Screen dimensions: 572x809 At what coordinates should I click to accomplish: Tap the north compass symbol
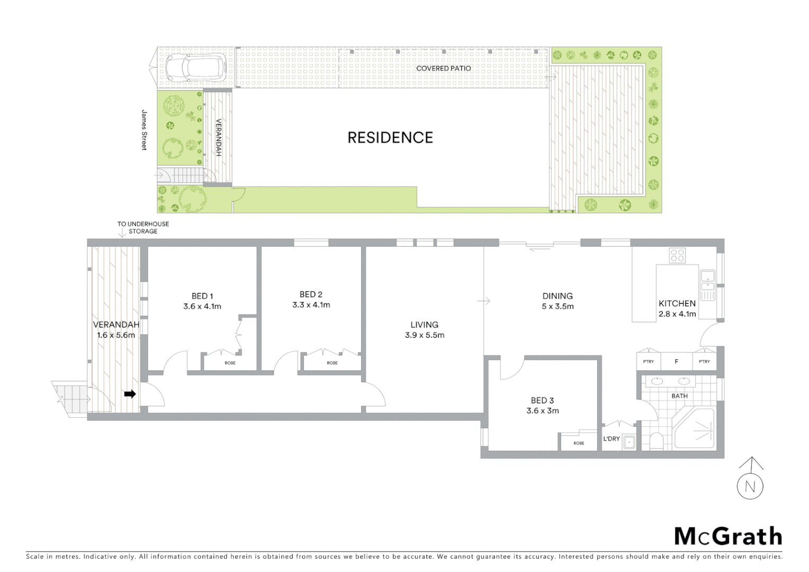point(750,485)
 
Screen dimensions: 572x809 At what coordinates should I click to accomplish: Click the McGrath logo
point(728,536)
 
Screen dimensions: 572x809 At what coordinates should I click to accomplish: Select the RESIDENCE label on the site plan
point(390,138)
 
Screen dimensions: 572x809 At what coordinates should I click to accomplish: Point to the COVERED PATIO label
point(443,68)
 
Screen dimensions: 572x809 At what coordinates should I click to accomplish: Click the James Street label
point(143,130)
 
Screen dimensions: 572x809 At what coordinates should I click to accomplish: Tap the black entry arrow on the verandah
point(130,394)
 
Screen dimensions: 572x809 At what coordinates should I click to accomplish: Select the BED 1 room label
point(202,296)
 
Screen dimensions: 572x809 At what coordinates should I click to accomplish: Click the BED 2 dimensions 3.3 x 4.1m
point(311,305)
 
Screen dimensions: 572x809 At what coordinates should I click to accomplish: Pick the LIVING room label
point(424,325)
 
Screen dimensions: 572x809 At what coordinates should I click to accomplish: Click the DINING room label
point(558,296)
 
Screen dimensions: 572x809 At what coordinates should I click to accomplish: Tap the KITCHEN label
point(677,303)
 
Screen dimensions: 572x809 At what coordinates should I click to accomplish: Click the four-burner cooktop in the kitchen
point(677,256)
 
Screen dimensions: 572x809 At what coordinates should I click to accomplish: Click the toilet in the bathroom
point(656,440)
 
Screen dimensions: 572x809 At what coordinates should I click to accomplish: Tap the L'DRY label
point(612,439)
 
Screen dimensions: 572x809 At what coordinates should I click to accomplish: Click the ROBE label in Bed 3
point(579,443)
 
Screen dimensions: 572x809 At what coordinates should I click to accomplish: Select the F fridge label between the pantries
point(676,362)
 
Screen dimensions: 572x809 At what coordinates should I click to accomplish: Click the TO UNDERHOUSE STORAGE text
point(143,228)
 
